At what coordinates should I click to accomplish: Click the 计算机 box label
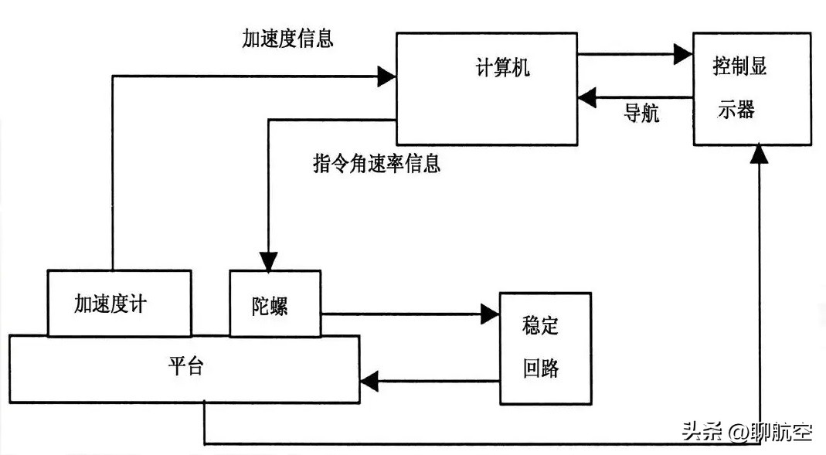pos(501,68)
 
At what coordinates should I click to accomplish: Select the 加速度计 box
pos(119,303)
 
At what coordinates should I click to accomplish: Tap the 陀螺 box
pos(274,303)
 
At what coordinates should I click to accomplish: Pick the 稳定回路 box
pos(545,348)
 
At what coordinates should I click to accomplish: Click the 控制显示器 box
pos(751,88)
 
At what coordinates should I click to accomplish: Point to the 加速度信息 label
pos(287,39)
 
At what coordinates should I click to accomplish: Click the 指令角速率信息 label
pos(376,164)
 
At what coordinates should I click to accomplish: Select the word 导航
pos(641,113)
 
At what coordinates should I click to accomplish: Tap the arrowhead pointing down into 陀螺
pos(267,261)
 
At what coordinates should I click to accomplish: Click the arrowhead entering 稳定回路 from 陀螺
pos(490,314)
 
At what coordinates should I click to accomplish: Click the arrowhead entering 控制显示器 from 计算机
pos(683,54)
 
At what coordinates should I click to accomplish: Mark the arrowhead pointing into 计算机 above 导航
pos(586,97)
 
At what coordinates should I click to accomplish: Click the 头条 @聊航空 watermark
pos(746,432)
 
